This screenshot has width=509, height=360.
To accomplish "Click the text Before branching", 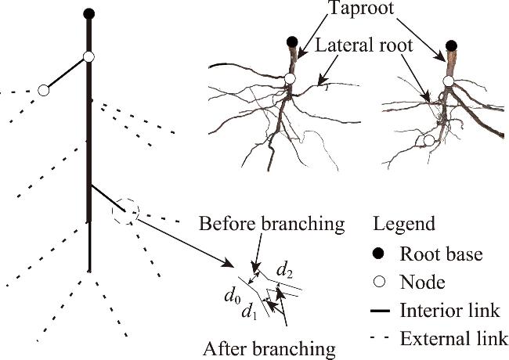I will tap(272, 224).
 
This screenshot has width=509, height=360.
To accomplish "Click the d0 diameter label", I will tap(231, 297).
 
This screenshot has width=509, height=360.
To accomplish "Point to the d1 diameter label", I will tap(249, 313).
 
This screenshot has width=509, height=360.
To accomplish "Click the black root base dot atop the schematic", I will tap(88, 13).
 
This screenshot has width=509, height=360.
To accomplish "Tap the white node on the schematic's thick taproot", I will tap(88, 57).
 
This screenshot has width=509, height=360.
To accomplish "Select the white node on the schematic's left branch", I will tap(44, 91).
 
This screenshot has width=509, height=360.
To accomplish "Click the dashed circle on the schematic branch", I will tap(125, 210).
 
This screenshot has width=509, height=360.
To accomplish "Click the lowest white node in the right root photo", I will tap(428, 141).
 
